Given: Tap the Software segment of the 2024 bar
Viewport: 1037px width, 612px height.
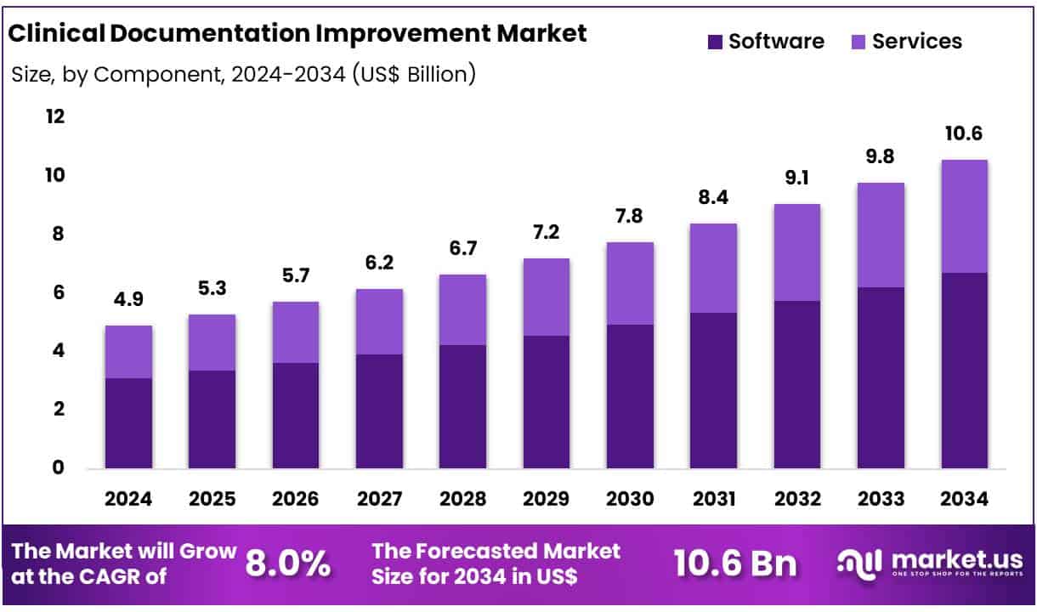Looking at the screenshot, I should coord(128,422).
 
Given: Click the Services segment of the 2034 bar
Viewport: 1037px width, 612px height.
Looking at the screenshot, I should coord(964,216).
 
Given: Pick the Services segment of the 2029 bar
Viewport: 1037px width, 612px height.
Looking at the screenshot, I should coord(546,297).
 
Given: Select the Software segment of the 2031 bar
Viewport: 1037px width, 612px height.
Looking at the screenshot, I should coord(713,390).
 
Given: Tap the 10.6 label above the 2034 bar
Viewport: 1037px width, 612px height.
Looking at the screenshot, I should coord(964,134).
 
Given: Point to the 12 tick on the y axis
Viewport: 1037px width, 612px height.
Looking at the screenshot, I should coord(54,116).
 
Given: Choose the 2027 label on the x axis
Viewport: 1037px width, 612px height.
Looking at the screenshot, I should coord(379,499).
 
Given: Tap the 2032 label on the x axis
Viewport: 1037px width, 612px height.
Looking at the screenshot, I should coord(796,499).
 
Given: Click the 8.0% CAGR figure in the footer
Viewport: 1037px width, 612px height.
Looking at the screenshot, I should coord(287,564).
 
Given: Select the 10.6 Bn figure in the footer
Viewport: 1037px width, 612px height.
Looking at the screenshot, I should coord(734,564).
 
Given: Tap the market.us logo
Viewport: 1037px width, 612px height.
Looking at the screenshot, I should coord(926,564).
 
